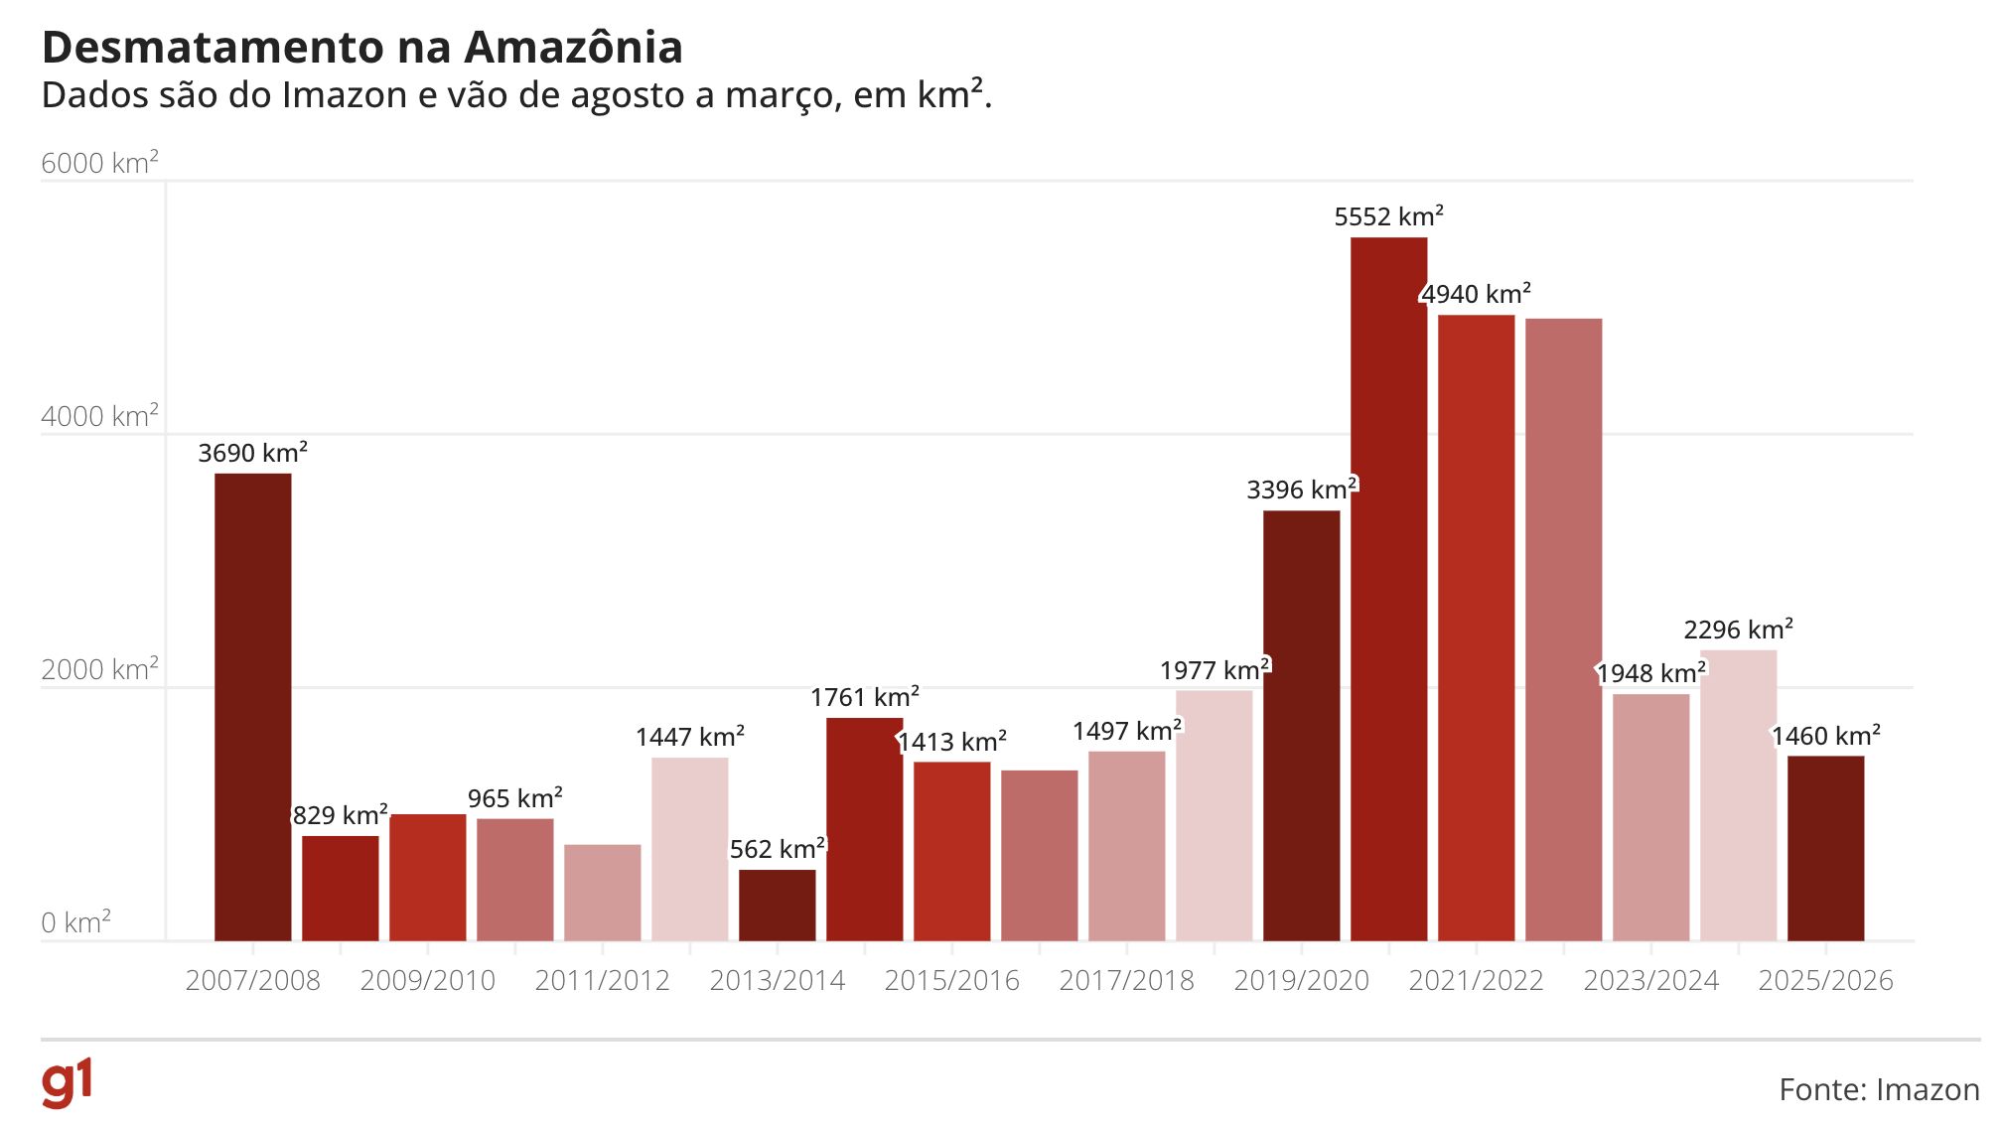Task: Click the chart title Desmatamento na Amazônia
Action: click(x=362, y=48)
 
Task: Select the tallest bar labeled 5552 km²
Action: click(x=1388, y=596)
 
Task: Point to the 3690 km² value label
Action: click(x=252, y=453)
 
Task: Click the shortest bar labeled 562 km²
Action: click(x=777, y=906)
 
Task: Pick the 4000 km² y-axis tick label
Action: click(x=99, y=416)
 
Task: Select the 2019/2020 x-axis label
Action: click(x=1301, y=980)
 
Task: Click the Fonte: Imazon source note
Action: click(x=1879, y=1089)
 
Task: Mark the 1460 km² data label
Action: click(x=1825, y=736)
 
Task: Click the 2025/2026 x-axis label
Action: click(x=1825, y=980)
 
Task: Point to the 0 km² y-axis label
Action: click(x=75, y=922)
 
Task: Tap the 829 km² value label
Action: click(x=340, y=815)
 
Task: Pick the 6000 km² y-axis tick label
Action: click(x=99, y=163)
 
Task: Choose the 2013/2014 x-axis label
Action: click(x=777, y=980)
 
